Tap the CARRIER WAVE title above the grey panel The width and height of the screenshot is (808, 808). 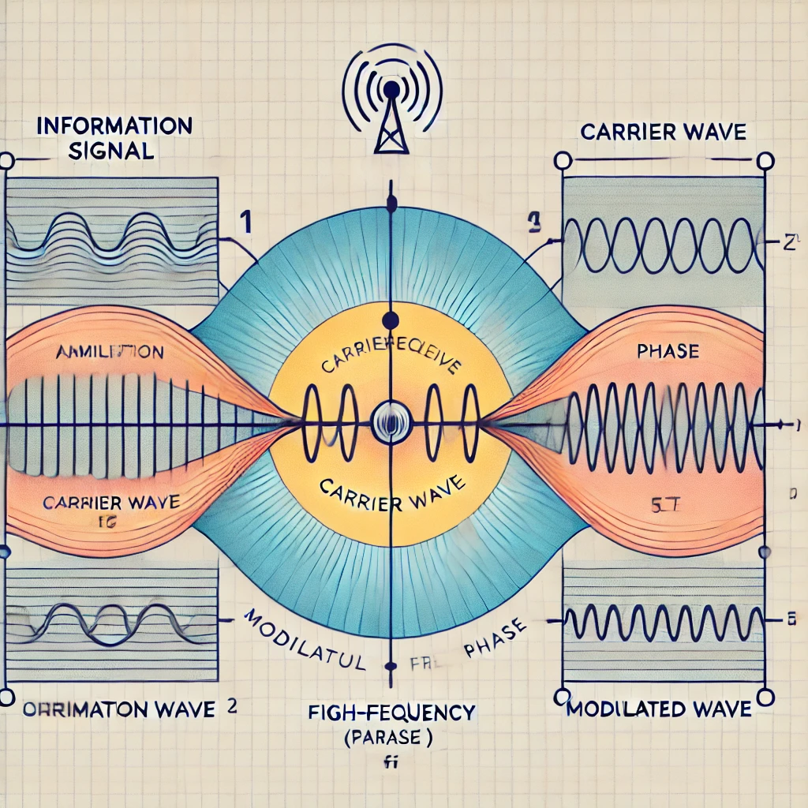(x=663, y=132)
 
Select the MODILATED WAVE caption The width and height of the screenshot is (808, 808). (x=659, y=709)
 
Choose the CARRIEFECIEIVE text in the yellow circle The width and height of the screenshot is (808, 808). (x=388, y=360)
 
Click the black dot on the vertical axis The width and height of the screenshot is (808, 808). (x=389, y=320)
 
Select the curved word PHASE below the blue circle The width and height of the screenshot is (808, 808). (x=495, y=642)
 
